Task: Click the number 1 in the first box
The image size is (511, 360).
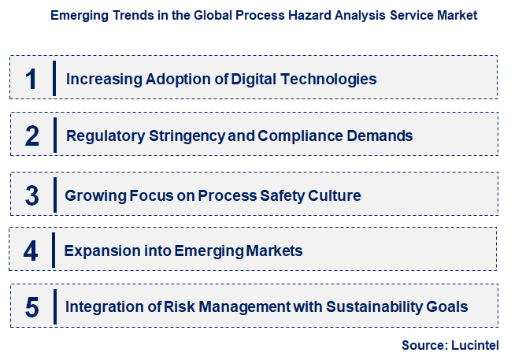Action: point(31,79)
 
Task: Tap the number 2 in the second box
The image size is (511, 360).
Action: point(31,135)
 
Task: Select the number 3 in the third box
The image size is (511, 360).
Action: point(31,195)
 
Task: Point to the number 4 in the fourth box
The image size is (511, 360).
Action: point(31,251)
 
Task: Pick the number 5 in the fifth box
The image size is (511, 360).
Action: point(31,306)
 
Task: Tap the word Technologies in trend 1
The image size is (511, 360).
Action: point(331,79)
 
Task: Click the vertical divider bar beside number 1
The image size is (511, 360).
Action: point(54,78)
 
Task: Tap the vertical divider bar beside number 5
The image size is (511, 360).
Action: point(54,306)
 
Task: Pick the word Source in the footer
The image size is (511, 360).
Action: point(424,345)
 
